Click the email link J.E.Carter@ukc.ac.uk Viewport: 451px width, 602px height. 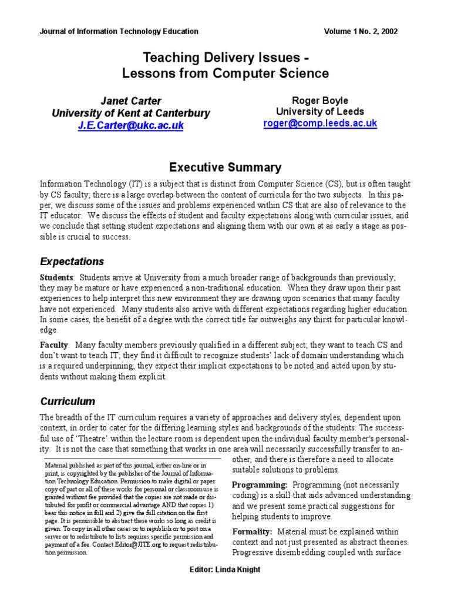pyautogui.click(x=131, y=126)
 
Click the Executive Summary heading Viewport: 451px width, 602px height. pyautogui.click(x=225, y=168)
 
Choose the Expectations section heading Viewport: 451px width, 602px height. pyautogui.click(x=72, y=261)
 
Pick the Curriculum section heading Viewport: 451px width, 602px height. pyautogui.click(x=68, y=402)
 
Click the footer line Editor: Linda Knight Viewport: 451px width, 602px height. pyautogui.click(x=225, y=570)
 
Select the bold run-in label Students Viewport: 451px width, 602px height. pyautogui.click(x=56, y=277)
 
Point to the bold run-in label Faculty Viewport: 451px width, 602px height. pyautogui.click(x=54, y=345)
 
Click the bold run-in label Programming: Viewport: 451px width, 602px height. pyautogui.click(x=260, y=484)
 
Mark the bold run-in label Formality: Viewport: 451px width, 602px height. pyautogui.click(x=253, y=531)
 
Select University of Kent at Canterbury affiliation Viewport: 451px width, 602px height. pyautogui.click(x=130, y=113)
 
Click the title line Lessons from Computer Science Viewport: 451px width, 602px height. pyautogui.click(x=225, y=74)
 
